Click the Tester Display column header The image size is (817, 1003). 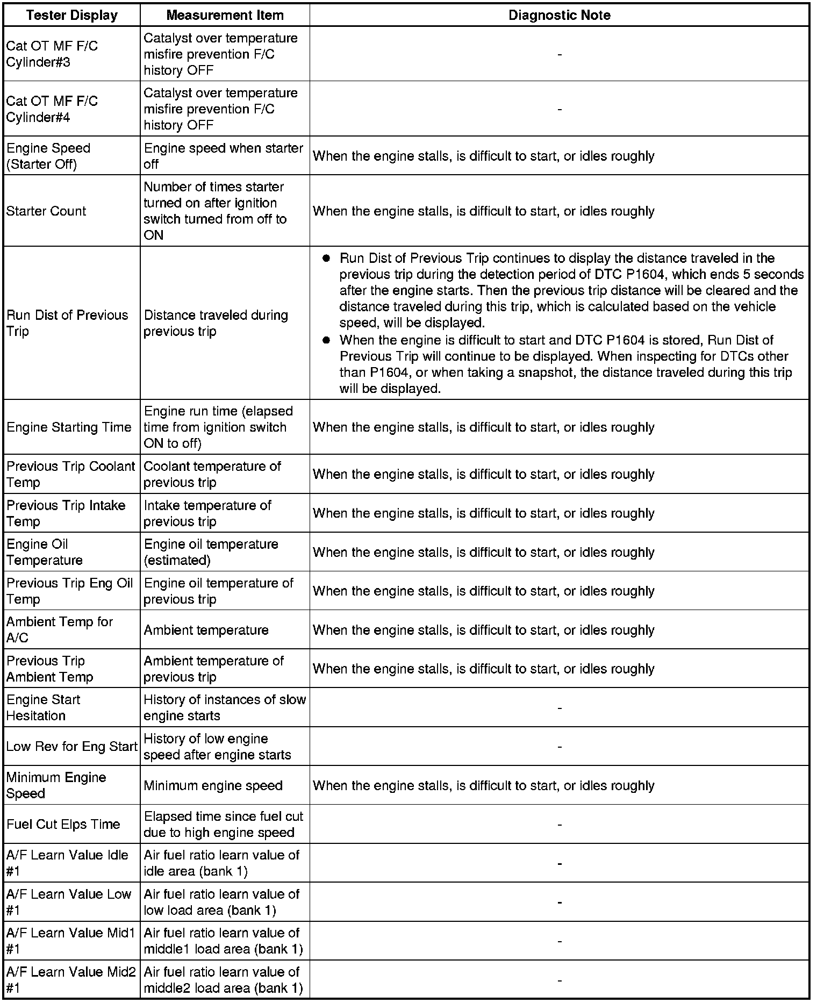pos(72,15)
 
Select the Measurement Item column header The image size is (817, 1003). pos(225,15)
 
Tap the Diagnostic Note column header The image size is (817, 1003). pos(559,15)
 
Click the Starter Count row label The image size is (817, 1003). pos(46,211)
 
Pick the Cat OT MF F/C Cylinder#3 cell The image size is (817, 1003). pos(52,54)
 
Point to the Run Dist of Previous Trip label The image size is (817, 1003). pos(67,323)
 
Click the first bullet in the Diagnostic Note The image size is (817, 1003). pos(326,259)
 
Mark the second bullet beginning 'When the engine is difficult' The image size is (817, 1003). pos(326,341)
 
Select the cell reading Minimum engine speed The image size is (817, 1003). pos(213,786)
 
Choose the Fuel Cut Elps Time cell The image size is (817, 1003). pos(63,825)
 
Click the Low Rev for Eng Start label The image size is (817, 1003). pos(72,747)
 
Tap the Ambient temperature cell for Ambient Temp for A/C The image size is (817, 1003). pos(206,630)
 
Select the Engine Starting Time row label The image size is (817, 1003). pos(69,427)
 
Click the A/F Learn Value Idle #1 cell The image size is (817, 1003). pos(67,863)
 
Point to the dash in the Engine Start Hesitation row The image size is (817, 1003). pos(560,708)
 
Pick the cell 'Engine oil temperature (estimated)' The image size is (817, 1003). pos(211,552)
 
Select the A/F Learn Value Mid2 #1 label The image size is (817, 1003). pos(70,980)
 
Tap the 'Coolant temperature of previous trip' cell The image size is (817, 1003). pos(212,474)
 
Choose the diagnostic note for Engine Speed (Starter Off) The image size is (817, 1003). pos(484,156)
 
